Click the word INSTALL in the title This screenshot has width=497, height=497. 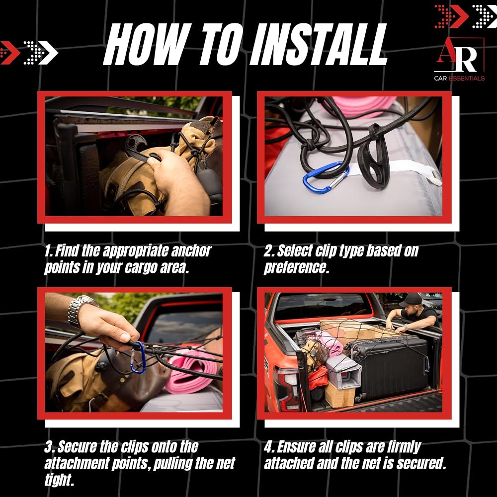pos(319,44)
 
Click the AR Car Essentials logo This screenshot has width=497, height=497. pos(459,59)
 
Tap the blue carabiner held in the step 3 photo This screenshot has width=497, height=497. pos(138,357)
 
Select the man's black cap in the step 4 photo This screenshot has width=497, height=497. pos(411,300)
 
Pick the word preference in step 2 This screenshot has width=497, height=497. pos(296,268)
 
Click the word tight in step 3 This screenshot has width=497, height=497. pos(59,480)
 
